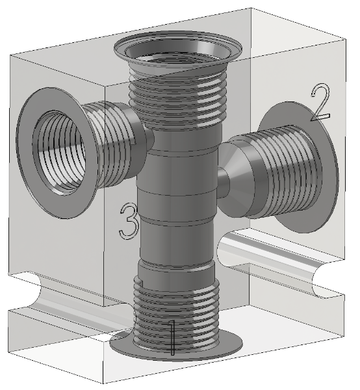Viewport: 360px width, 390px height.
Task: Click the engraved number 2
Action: (321, 102)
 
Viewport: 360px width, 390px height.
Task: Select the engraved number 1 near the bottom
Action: (172, 337)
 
